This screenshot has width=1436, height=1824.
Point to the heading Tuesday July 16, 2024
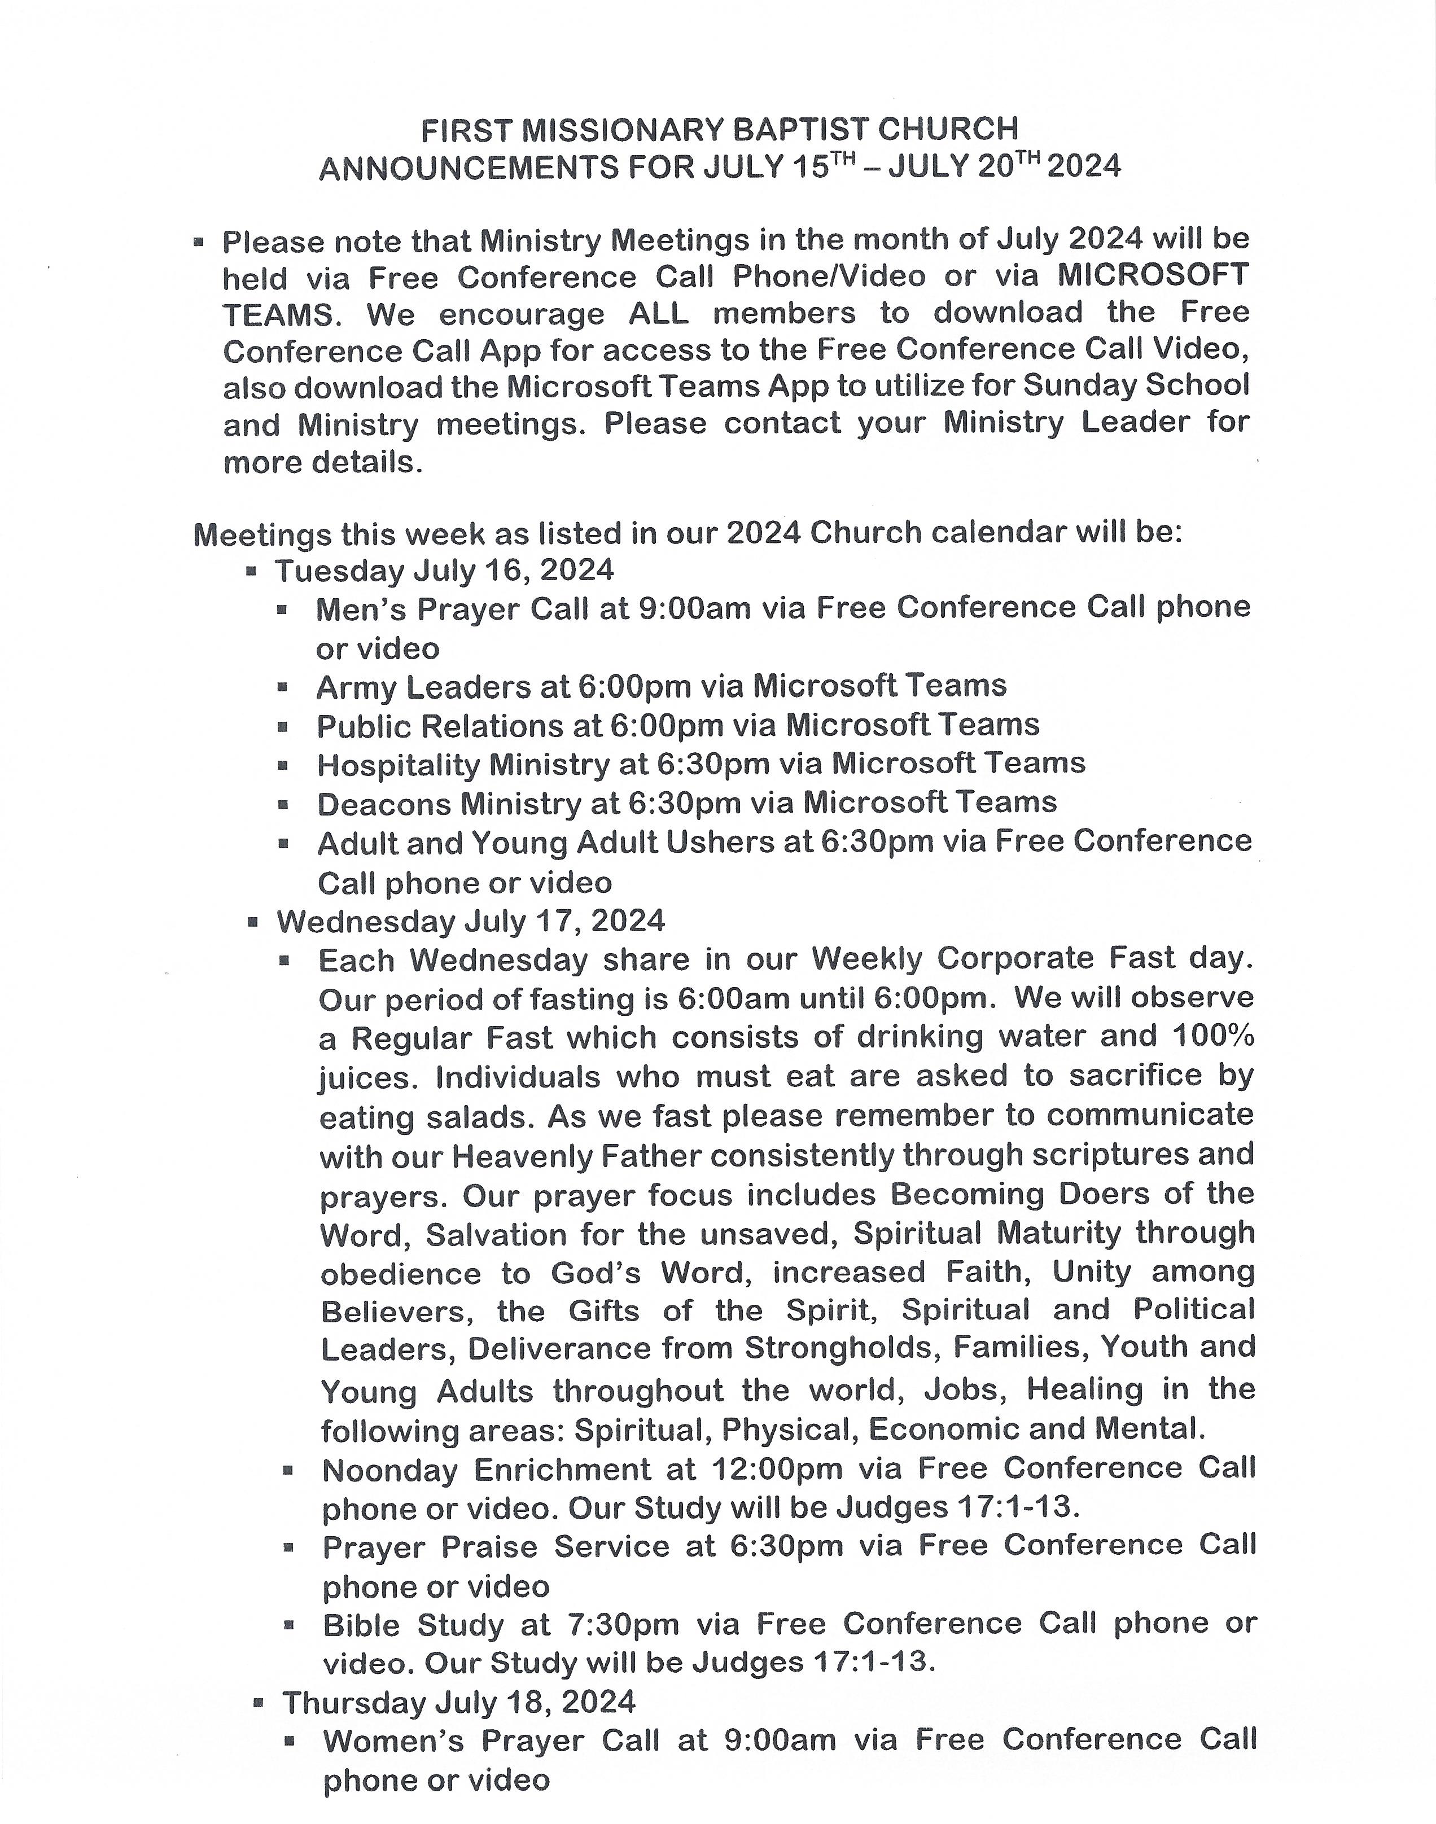(x=444, y=571)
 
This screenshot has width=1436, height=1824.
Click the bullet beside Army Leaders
(x=283, y=687)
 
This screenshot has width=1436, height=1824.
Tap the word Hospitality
(x=399, y=765)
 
